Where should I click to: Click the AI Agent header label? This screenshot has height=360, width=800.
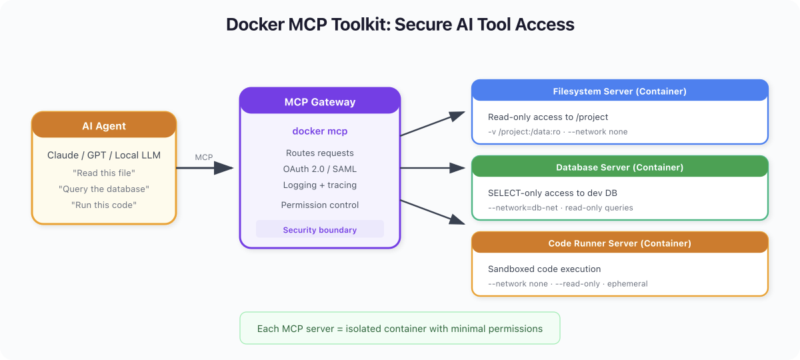coord(104,126)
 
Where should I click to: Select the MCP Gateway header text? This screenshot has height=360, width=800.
coord(320,102)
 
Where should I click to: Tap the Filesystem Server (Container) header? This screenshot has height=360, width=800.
coord(619,91)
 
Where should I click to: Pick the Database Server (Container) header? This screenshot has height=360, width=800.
coord(619,167)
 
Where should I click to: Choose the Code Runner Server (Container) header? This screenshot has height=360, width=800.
coord(619,243)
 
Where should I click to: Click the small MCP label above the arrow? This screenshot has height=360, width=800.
coord(204,157)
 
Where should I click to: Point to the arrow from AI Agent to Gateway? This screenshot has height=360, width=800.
coord(205,168)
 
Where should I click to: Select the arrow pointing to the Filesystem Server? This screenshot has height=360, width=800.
coord(433,123)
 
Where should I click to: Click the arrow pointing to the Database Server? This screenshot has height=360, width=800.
coord(433,168)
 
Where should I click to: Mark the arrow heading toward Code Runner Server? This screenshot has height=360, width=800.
coord(433,212)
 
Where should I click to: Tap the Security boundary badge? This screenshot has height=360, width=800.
coord(320,229)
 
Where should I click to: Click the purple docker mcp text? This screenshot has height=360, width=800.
coord(320,131)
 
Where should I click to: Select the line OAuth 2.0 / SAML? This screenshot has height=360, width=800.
coord(320,169)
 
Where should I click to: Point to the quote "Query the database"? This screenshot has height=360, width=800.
coord(104,189)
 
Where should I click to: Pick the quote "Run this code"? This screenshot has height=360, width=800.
coord(104,205)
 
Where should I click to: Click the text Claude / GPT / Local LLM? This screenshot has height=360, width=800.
coord(104,155)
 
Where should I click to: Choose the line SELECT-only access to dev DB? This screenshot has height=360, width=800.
coord(553,193)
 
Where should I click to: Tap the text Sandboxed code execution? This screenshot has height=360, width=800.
coord(544,269)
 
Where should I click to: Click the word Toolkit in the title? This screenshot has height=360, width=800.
coord(361,25)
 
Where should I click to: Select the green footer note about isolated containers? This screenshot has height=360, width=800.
coord(399,328)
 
